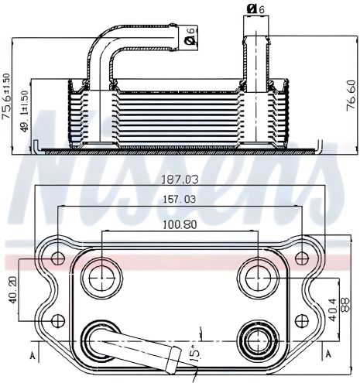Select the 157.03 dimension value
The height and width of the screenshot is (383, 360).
coord(180,200)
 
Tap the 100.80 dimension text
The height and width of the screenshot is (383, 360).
coord(180,226)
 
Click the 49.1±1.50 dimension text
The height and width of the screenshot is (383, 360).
coord(25,114)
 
